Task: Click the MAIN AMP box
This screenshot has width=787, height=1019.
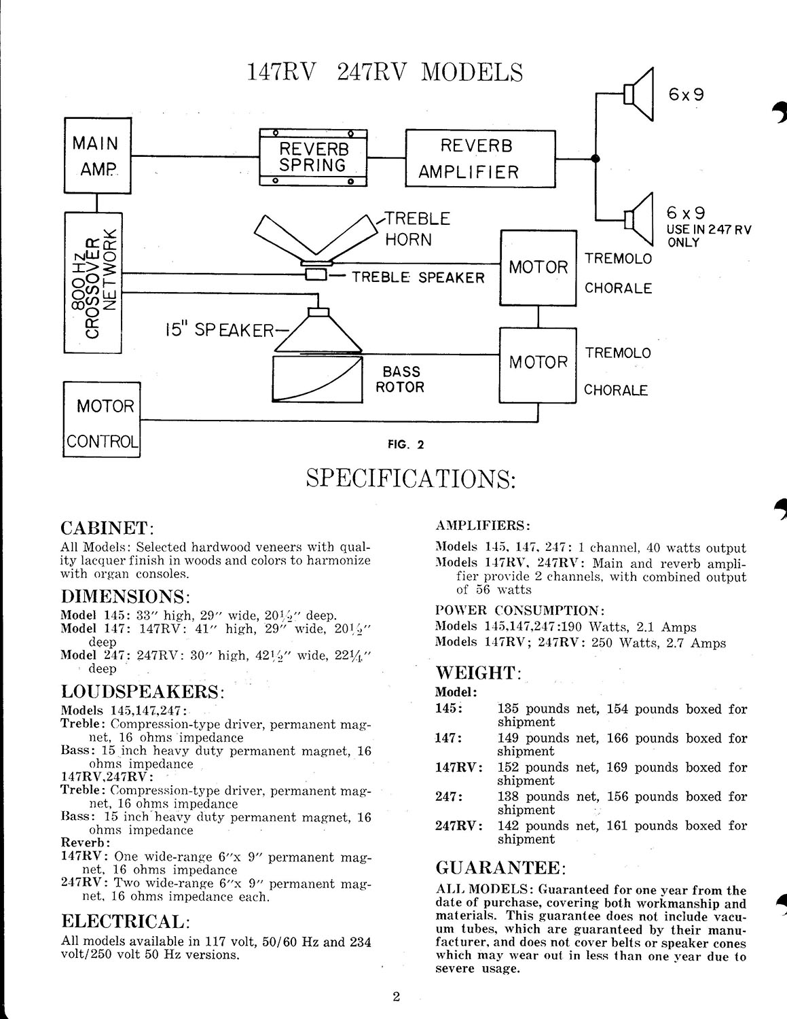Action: pyautogui.click(x=98, y=156)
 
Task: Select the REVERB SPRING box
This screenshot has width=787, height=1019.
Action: pyautogui.click(x=313, y=158)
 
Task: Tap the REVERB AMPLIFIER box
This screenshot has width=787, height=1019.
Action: pyautogui.click(x=481, y=158)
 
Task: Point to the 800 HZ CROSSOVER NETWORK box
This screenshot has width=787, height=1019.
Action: pyautogui.click(x=93, y=283)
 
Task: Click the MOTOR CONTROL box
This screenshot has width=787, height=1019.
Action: pyautogui.click(x=102, y=420)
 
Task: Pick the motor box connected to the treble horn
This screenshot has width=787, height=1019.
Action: pyautogui.click(x=538, y=268)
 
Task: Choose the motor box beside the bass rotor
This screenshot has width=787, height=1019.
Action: pyautogui.click(x=538, y=365)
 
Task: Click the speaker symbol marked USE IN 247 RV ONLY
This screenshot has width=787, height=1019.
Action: pyautogui.click(x=638, y=219)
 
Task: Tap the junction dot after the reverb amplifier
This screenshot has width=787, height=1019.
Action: pyautogui.click(x=596, y=158)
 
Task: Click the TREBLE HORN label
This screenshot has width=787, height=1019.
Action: pyautogui.click(x=417, y=229)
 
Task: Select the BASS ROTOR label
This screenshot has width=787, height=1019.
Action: pyautogui.click(x=401, y=379)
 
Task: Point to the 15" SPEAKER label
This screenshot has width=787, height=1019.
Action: pyautogui.click(x=219, y=330)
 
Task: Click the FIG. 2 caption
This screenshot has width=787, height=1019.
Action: pyautogui.click(x=405, y=444)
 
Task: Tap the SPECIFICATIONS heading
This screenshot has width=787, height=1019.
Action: pyautogui.click(x=411, y=479)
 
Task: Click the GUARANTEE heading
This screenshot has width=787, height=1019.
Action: pyautogui.click(x=501, y=868)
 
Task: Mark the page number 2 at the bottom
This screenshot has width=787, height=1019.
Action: pyautogui.click(x=396, y=997)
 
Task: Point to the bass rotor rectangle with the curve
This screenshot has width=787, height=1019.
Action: pyautogui.click(x=318, y=379)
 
